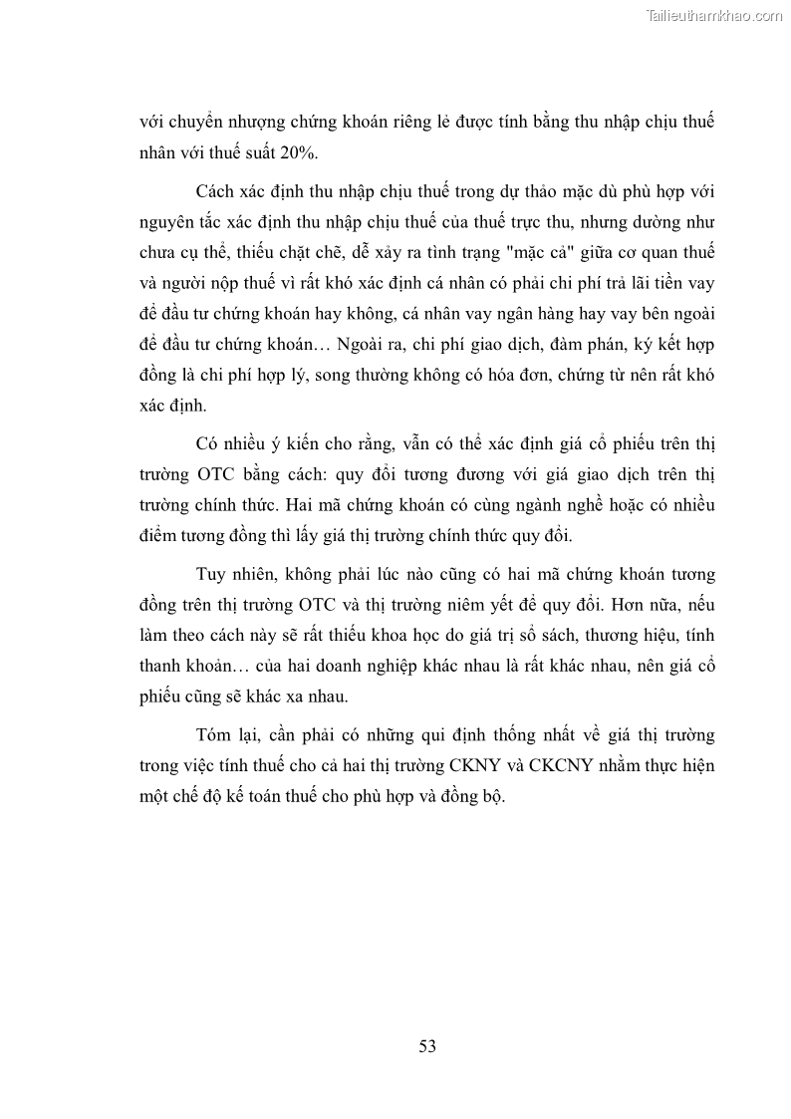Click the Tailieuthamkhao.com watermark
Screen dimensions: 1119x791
[715, 15]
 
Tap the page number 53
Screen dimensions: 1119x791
[427, 1045]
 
